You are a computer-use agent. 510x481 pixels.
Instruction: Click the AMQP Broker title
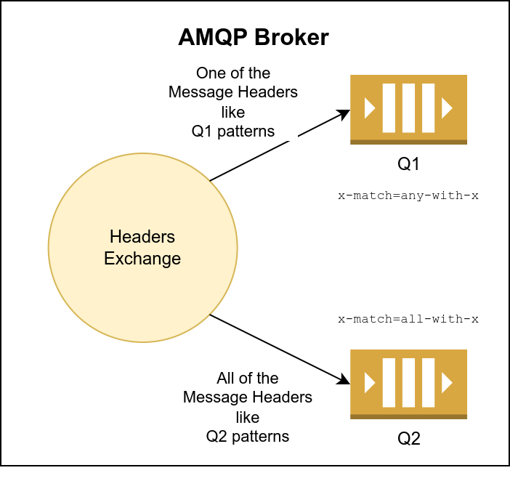click(x=254, y=38)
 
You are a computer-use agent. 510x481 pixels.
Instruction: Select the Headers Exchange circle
click(x=142, y=247)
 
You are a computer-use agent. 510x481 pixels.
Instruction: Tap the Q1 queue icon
click(x=408, y=109)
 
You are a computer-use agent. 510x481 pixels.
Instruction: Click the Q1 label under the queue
click(x=408, y=164)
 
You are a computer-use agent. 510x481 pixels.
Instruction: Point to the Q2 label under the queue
click(x=408, y=439)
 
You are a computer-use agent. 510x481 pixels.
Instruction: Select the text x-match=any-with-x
click(x=408, y=196)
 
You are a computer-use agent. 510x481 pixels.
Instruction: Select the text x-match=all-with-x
click(x=408, y=319)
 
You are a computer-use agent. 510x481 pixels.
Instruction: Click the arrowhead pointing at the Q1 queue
click(x=344, y=114)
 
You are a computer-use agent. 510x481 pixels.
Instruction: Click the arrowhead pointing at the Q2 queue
click(x=344, y=379)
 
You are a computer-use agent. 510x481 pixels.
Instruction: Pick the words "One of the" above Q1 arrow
click(x=233, y=73)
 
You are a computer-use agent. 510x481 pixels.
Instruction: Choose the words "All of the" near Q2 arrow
click(x=247, y=379)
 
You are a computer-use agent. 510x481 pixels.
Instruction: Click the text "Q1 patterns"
click(x=233, y=132)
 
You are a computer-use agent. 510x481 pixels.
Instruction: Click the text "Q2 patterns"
click(x=247, y=437)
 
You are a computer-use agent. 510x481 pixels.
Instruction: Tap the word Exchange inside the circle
click(x=142, y=258)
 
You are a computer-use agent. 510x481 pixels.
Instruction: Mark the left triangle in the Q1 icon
click(x=369, y=108)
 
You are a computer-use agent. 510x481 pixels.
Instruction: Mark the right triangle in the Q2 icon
click(x=447, y=383)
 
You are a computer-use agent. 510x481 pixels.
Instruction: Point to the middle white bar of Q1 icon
click(x=408, y=108)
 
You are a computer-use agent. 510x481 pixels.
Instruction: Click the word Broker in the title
click(x=294, y=38)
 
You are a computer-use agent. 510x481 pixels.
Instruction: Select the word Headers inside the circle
click(x=142, y=237)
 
